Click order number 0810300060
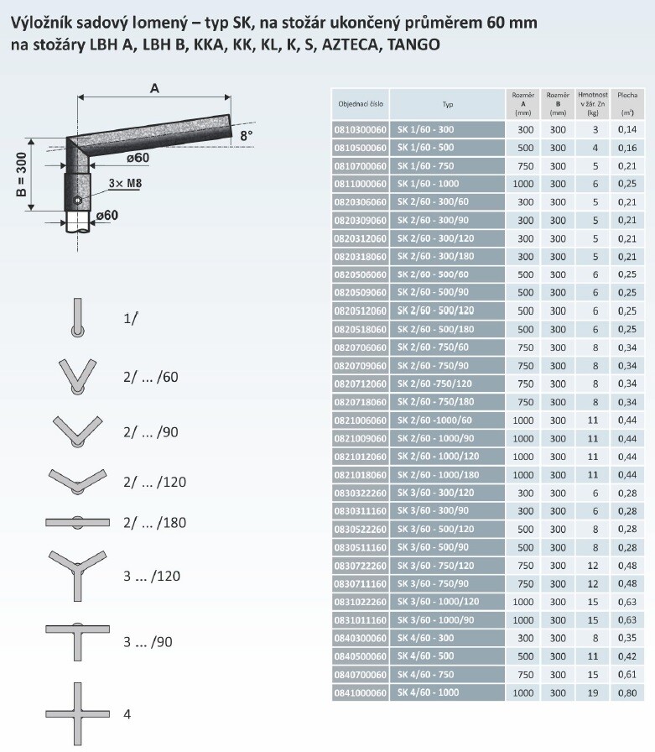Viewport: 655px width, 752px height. tap(361, 129)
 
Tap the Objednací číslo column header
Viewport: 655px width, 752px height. tap(361, 104)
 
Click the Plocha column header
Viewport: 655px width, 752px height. tap(627, 103)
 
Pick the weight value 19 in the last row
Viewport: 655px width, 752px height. tap(593, 693)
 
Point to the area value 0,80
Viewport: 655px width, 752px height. tap(627, 693)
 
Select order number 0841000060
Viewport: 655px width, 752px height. tap(361, 693)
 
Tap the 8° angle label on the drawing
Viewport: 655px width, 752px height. tap(247, 136)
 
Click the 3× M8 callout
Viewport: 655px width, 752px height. tap(125, 183)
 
